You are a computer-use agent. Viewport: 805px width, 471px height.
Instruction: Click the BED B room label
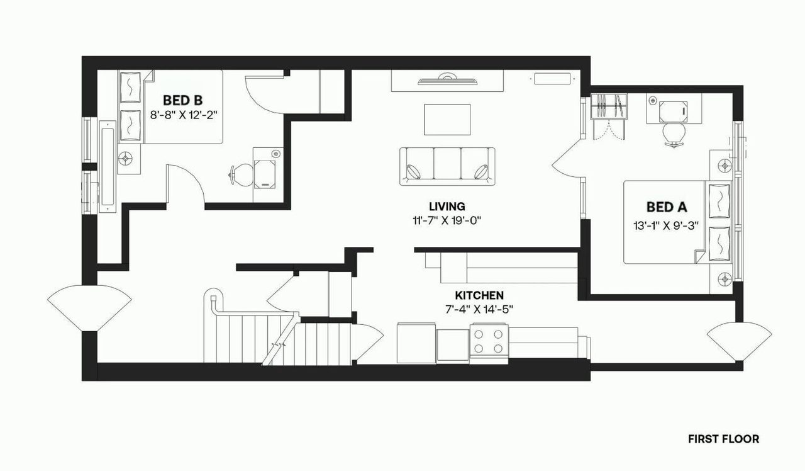click(182, 100)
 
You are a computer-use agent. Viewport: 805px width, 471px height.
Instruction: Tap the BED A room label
click(667, 207)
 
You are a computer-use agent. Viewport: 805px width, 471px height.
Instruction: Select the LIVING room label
click(447, 206)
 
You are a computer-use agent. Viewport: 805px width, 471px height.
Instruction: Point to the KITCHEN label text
click(479, 295)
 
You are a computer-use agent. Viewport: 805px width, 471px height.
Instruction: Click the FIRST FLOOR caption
click(723, 439)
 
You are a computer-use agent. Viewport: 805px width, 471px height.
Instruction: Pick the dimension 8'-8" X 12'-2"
click(184, 115)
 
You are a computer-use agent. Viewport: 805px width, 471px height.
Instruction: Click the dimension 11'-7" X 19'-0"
click(447, 220)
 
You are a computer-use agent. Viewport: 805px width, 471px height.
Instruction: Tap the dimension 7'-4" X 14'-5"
click(479, 309)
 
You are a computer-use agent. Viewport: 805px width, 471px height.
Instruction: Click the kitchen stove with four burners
click(489, 341)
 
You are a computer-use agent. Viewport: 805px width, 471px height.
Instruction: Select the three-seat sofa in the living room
click(447, 166)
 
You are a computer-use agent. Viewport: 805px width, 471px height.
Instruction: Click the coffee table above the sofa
click(447, 119)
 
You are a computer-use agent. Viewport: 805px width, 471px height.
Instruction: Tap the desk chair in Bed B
click(240, 174)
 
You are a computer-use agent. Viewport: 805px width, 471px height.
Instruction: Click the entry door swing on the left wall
click(89, 307)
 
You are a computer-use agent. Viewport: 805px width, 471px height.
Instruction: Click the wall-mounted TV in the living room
click(447, 80)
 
